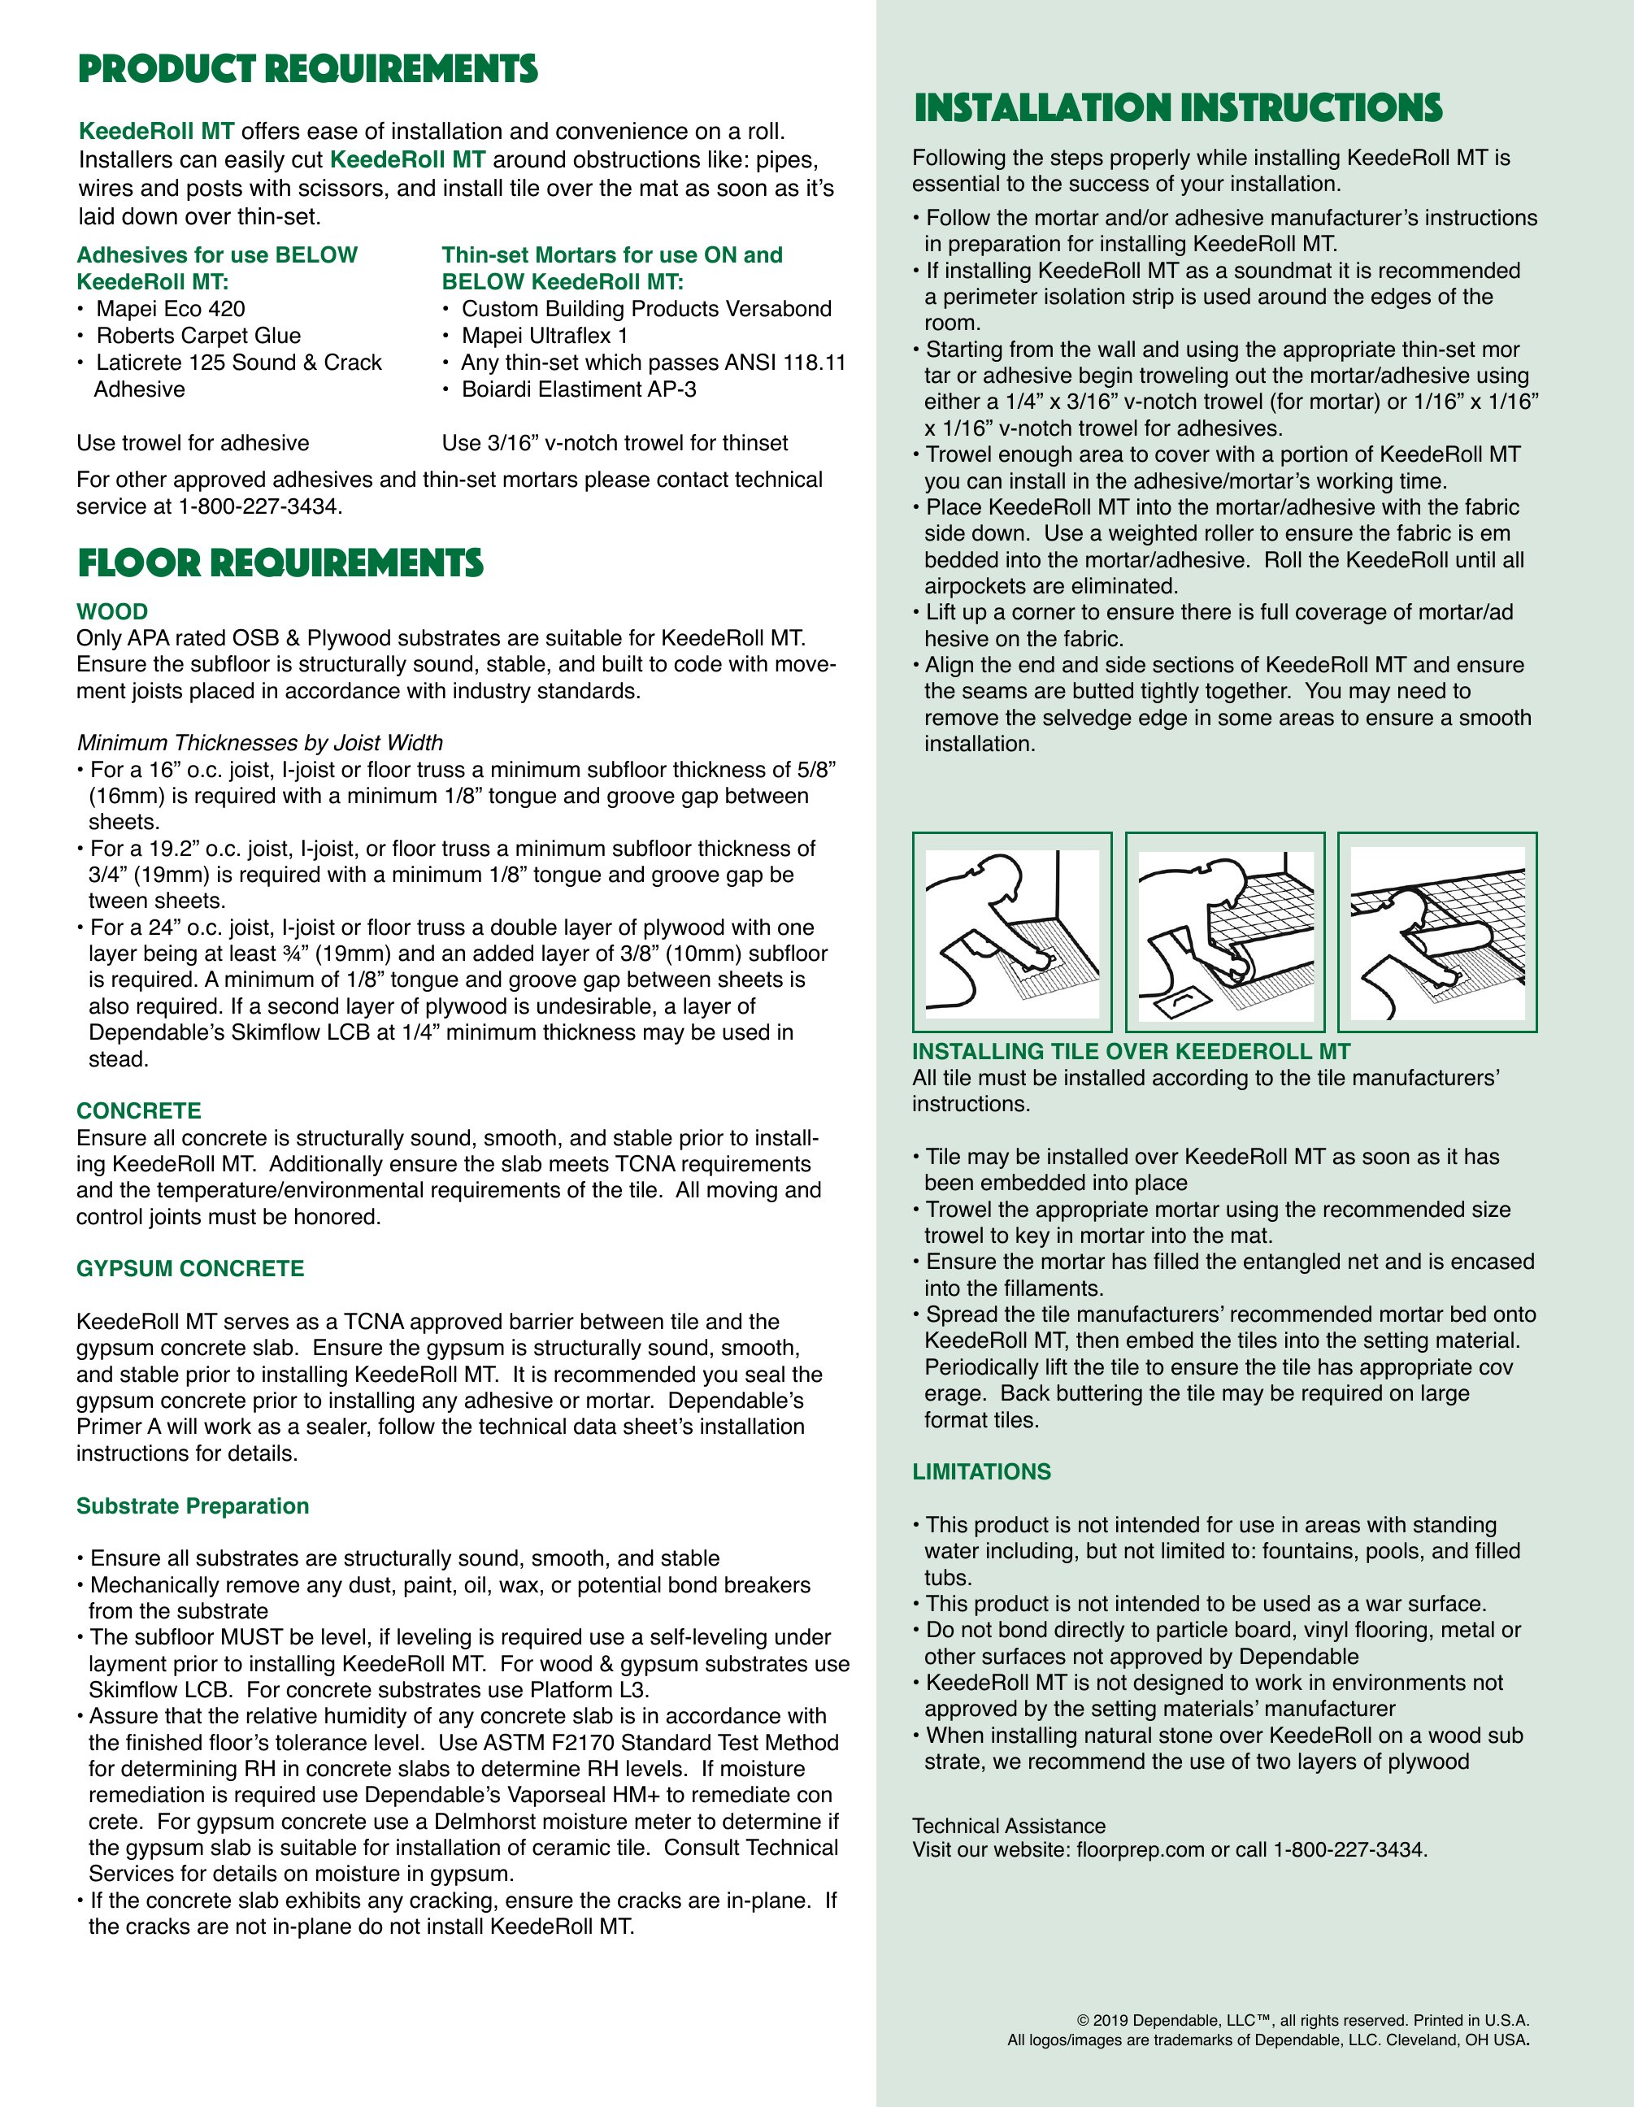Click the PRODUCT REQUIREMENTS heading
coord(308,69)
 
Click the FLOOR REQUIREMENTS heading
coord(280,563)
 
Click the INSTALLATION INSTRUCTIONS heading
coord(1178,108)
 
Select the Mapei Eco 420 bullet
coord(170,309)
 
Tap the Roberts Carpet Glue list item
coord(198,336)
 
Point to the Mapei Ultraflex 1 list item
coord(544,336)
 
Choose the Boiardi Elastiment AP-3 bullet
coord(578,389)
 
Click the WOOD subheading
coord(112,611)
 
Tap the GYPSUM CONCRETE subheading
coord(190,1269)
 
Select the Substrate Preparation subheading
coord(193,1506)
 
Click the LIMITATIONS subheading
coord(981,1472)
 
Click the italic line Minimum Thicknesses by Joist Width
coord(259,743)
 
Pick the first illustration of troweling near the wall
coord(1012,932)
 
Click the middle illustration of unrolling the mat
coord(1225,932)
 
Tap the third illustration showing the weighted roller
coord(1437,932)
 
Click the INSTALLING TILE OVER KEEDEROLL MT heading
coord(1131,1052)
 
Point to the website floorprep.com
coord(1140,1849)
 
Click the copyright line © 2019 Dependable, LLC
coord(1302,2020)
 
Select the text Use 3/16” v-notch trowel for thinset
coord(615,444)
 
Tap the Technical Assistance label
coord(1008,1827)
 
